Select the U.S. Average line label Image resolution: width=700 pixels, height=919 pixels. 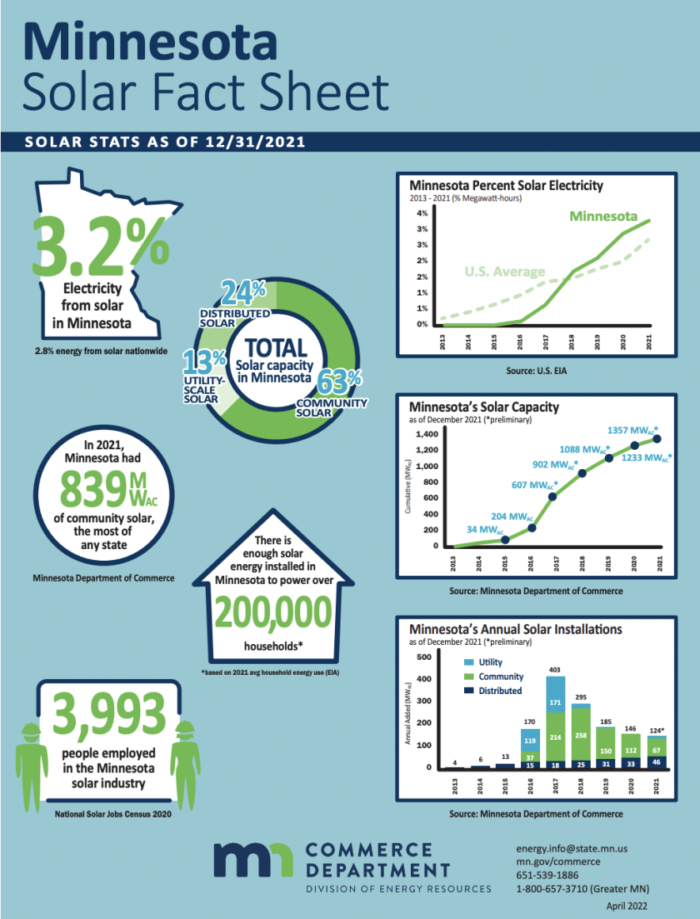(x=503, y=272)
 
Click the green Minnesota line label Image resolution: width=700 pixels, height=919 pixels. (x=609, y=216)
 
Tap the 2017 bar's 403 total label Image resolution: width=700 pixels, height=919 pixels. (x=555, y=669)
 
